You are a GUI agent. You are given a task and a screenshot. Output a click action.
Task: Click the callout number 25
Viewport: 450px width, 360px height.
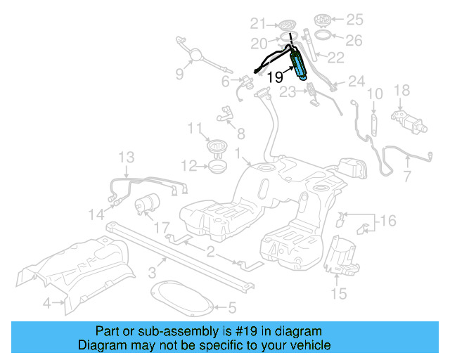[x=354, y=18]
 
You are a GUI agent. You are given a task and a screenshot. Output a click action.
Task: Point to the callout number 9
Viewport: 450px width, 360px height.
[x=179, y=73]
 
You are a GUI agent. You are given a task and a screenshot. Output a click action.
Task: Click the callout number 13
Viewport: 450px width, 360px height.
[x=125, y=156]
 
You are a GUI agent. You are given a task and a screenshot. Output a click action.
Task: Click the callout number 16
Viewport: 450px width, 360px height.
[x=387, y=222]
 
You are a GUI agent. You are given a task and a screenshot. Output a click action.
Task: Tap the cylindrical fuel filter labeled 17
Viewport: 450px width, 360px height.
[x=148, y=203]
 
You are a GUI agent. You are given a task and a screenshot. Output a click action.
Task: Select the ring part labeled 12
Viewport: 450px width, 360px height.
[x=217, y=167]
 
